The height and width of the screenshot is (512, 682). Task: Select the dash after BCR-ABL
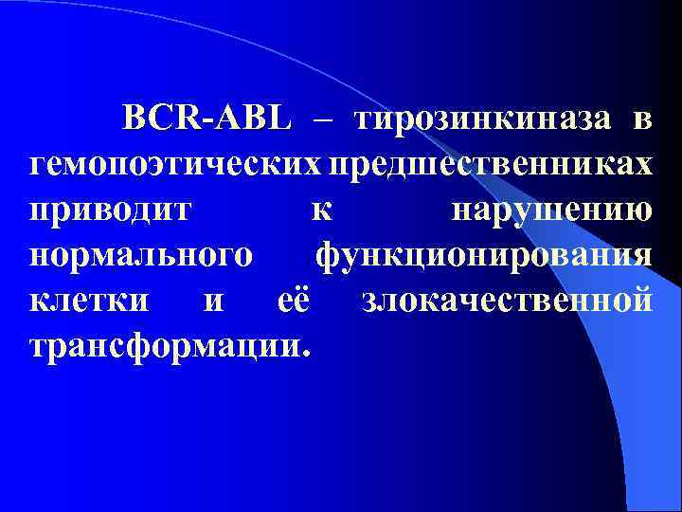point(322,122)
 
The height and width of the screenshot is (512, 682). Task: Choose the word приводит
point(111,210)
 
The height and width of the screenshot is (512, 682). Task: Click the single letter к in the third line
point(322,210)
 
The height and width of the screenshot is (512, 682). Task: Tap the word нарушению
point(551,210)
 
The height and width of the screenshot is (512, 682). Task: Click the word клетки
point(89,301)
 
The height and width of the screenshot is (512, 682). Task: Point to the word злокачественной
point(507,301)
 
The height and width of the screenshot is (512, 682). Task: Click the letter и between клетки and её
point(215,302)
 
